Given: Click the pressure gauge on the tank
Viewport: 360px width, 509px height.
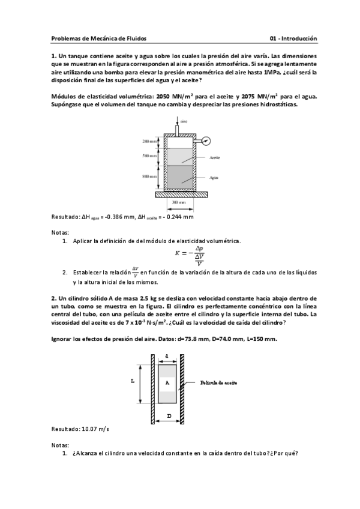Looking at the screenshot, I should pos(206,141).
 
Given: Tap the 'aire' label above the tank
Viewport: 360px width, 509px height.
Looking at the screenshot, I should pos(184,122).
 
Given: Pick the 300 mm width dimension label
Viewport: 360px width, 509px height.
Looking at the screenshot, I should pos(178,203).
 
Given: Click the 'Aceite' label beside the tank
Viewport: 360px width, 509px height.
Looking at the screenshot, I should pos(215,157).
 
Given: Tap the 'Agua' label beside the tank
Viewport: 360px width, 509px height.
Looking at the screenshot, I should pos(214,178).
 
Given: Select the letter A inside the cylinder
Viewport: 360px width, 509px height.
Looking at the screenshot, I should pos(167,382).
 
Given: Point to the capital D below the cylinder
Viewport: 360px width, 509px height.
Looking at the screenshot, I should pos(169,415).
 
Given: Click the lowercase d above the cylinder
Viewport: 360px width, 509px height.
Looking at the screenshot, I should pos(166,356).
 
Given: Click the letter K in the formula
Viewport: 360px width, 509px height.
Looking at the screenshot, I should pos(177,253).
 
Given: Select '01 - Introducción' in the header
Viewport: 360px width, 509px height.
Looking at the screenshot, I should pos(293,38).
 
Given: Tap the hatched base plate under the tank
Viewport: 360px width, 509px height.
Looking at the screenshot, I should pos(178,194).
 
